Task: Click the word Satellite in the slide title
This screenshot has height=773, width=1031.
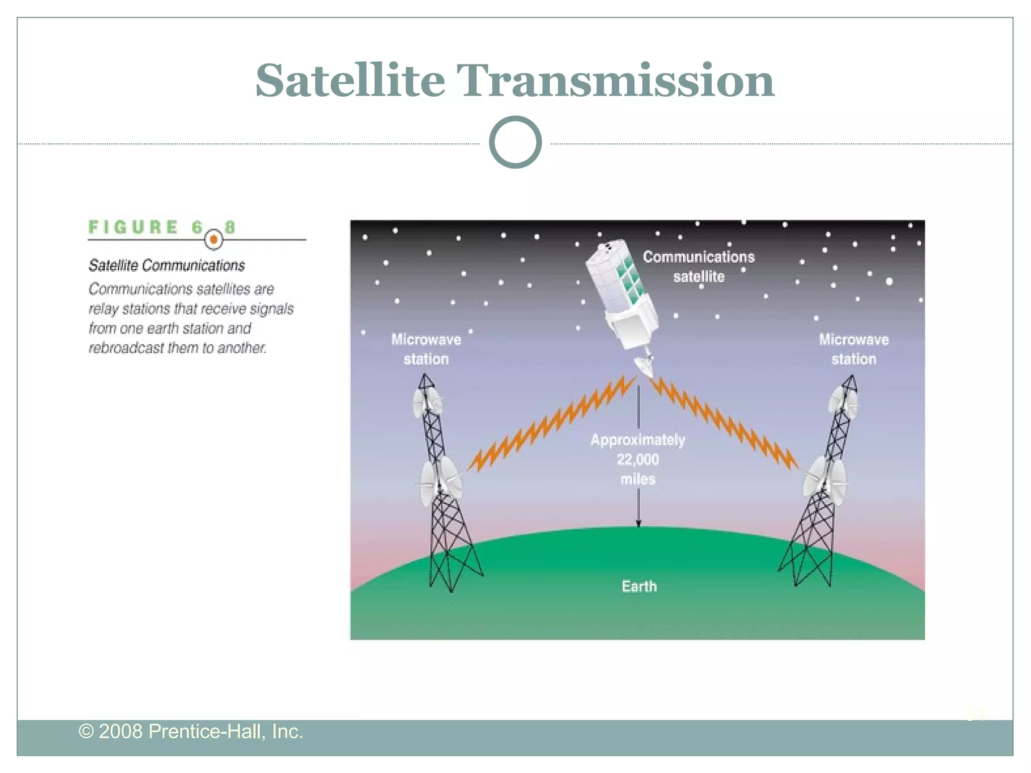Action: pyautogui.click(x=350, y=81)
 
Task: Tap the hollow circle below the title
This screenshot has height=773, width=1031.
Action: pyautogui.click(x=515, y=142)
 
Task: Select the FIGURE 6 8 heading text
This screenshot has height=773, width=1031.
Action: pyautogui.click(x=161, y=227)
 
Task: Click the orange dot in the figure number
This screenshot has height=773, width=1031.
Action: pyautogui.click(x=214, y=240)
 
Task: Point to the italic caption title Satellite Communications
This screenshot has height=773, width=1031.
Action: pyautogui.click(x=166, y=265)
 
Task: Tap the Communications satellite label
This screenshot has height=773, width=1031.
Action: pyautogui.click(x=699, y=267)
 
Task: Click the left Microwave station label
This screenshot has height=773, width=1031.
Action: pyautogui.click(x=426, y=349)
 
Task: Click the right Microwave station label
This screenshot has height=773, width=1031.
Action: pyautogui.click(x=853, y=349)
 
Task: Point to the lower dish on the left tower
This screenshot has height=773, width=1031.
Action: pyautogui.click(x=439, y=481)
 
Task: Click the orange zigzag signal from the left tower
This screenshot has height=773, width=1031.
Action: pyautogui.click(x=549, y=423)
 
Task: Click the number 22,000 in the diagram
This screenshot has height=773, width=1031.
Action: pyautogui.click(x=637, y=459)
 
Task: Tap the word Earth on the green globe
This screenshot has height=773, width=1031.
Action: pyautogui.click(x=639, y=586)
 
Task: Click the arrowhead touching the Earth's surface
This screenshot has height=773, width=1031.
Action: pyautogui.click(x=638, y=523)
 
